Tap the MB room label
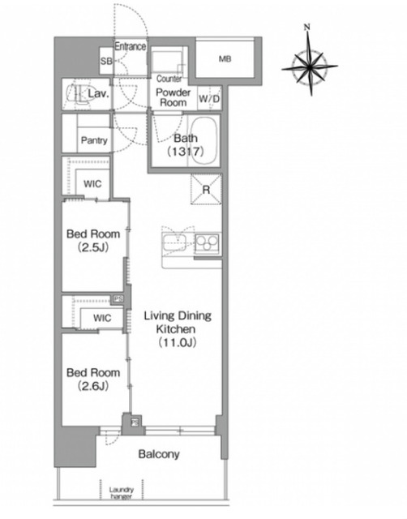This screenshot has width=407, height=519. click(225, 59)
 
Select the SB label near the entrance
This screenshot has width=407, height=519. click(106, 62)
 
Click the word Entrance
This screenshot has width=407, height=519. click(130, 46)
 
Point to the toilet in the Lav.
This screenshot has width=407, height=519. click(78, 94)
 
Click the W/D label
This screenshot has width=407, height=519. click(209, 99)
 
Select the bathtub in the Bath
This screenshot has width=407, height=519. click(203, 140)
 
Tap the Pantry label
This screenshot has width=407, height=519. click(94, 140)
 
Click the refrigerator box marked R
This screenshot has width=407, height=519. click(206, 189)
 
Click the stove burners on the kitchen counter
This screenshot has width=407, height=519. click(207, 243)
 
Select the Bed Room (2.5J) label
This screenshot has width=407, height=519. click(93, 240)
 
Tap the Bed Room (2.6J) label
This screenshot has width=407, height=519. click(93, 379)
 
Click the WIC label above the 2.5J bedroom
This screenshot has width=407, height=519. click(92, 184)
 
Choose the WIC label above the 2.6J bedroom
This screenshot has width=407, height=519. click(102, 318)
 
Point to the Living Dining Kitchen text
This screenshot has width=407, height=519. click(178, 323)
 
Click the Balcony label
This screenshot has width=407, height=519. click(159, 454)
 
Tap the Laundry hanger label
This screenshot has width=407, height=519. click(122, 493)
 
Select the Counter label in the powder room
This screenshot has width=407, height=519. click(169, 79)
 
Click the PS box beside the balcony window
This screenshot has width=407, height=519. click(135, 422)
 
